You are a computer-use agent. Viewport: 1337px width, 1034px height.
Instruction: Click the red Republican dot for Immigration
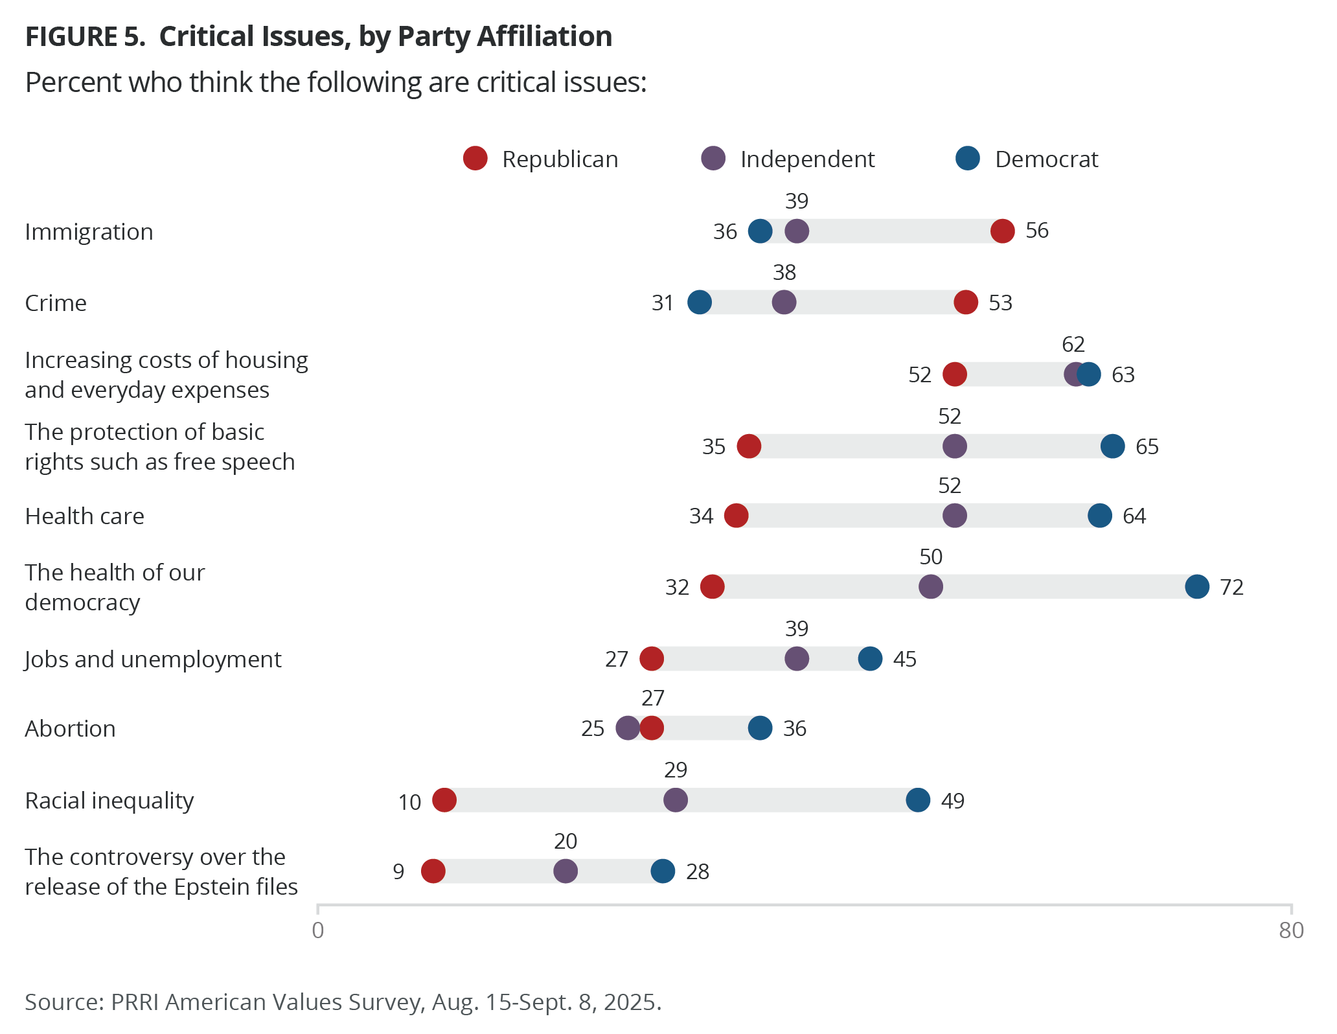[1002, 231]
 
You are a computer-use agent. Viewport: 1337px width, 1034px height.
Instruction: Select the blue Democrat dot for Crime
[700, 302]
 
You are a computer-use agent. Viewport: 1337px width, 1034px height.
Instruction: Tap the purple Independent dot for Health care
[954, 516]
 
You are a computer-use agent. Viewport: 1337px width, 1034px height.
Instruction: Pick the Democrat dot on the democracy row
[1196, 586]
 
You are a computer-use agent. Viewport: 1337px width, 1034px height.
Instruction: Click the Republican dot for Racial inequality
[444, 800]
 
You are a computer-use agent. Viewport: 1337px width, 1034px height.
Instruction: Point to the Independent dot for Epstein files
[566, 871]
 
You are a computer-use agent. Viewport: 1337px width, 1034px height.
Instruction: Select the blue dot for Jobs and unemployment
[869, 659]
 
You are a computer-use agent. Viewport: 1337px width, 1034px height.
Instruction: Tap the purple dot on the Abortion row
[627, 728]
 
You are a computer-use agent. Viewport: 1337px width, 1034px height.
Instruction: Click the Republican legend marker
[475, 159]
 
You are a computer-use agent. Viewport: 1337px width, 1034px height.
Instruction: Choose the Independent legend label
[807, 159]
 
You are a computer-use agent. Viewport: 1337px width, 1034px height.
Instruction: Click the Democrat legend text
[1046, 159]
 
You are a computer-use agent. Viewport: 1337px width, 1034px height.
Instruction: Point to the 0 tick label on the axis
[318, 930]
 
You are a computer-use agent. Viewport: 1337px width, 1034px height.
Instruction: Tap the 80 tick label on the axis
[1291, 930]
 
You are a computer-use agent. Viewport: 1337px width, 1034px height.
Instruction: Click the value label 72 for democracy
[1231, 587]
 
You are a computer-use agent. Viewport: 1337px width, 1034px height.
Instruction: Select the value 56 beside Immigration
[1036, 231]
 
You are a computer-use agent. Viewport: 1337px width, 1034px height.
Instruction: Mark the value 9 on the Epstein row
[398, 872]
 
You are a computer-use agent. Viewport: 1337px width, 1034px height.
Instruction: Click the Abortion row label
[70, 729]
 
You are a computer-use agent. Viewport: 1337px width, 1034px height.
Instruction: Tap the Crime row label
[56, 303]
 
